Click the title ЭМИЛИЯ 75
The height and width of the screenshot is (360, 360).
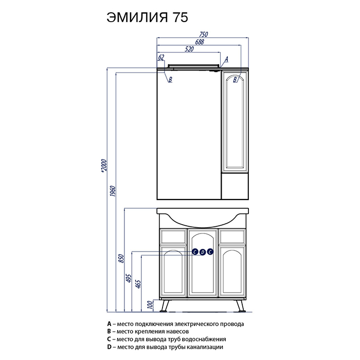coord(147,16)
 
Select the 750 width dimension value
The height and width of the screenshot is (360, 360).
coord(203,35)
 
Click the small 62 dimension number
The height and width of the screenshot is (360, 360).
coord(161,57)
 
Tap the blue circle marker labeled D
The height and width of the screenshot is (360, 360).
coord(202,251)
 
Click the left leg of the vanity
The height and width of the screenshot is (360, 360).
coord(165,306)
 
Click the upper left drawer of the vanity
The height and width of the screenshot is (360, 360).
coord(173,237)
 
